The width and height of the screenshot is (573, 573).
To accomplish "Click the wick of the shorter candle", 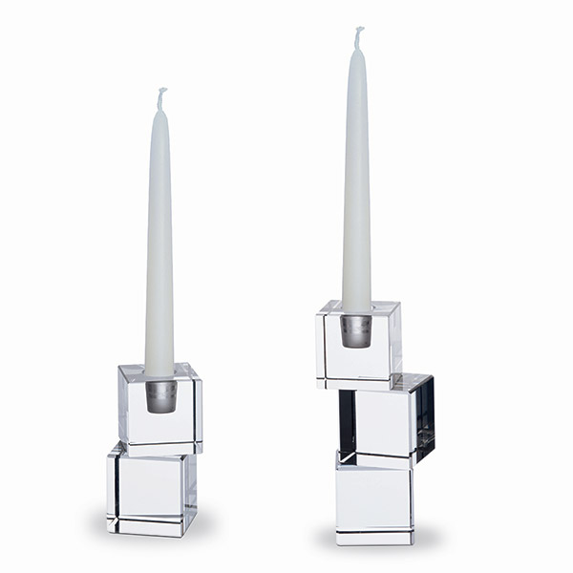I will [161, 96].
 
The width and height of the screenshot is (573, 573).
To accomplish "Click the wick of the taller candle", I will [359, 36].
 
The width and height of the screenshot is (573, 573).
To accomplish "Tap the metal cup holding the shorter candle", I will [160, 395].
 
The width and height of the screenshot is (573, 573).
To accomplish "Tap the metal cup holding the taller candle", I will [356, 329].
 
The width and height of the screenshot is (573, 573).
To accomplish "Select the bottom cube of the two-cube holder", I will [151, 492].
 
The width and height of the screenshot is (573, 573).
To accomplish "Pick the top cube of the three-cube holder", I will [359, 342].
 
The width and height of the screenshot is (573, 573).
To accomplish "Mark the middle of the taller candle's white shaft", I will [357, 181].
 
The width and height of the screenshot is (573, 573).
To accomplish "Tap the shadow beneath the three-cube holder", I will [374, 546].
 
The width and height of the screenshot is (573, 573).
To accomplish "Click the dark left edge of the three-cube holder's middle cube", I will [347, 421].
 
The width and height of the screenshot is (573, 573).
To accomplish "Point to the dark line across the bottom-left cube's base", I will [149, 520].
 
